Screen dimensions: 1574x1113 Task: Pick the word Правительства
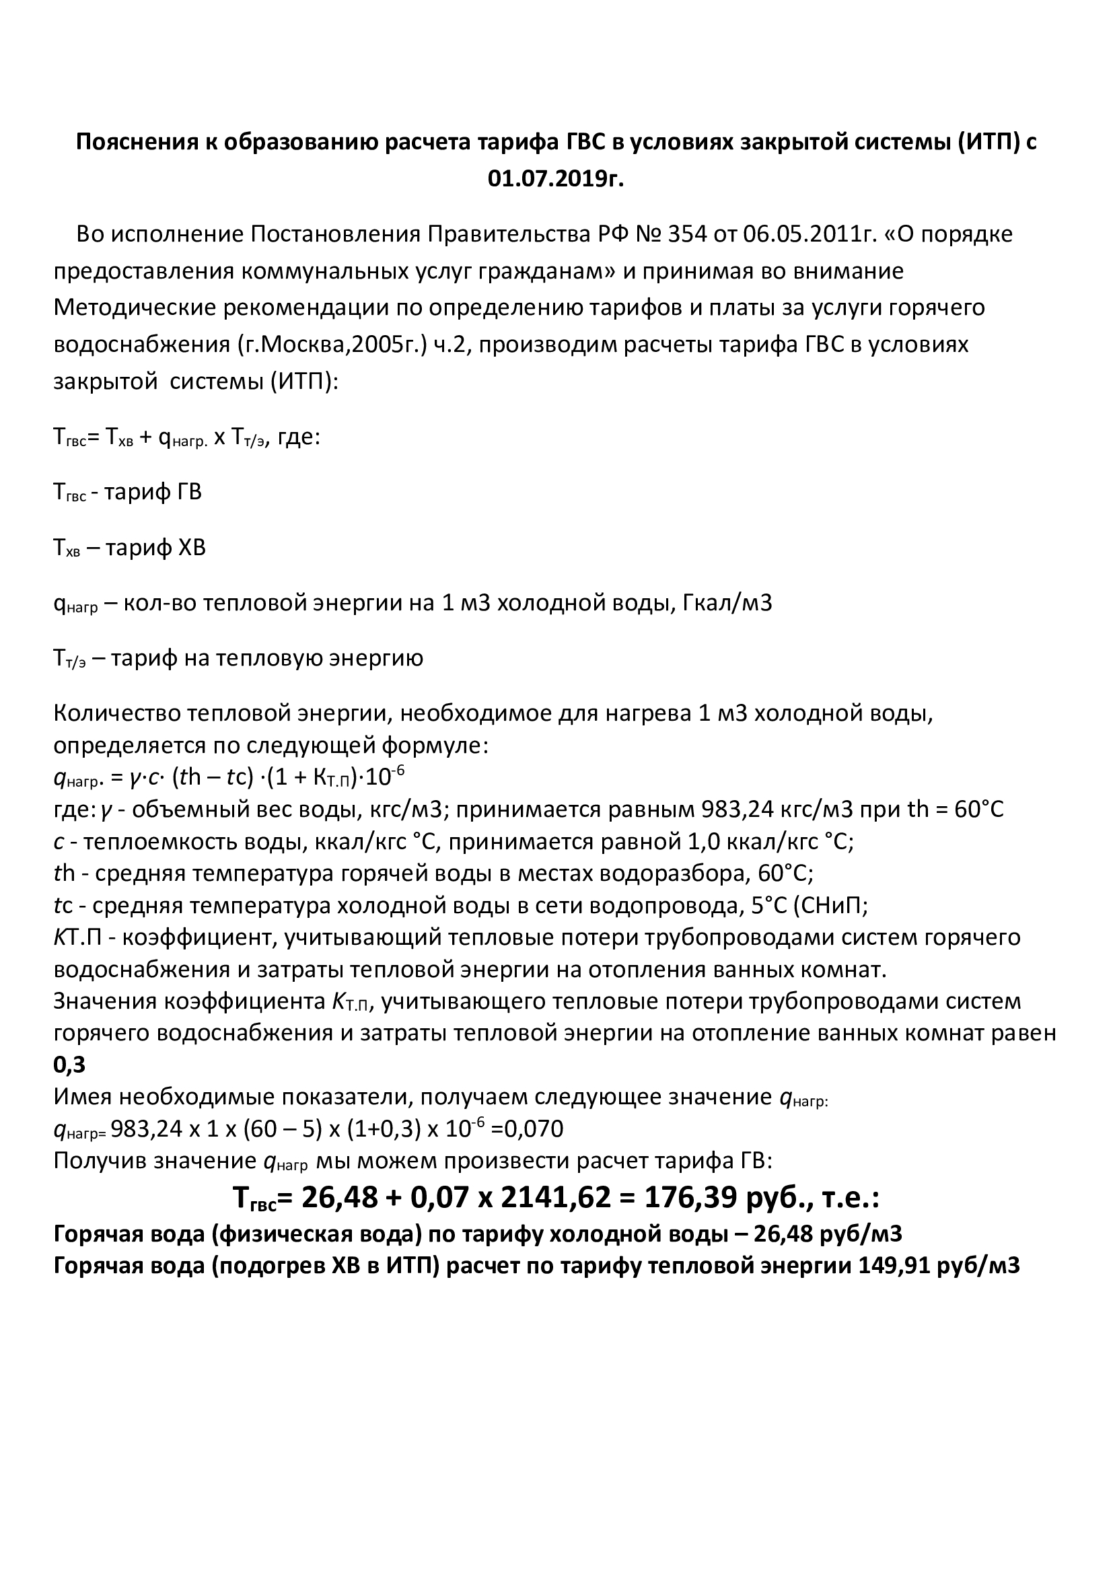tap(507, 234)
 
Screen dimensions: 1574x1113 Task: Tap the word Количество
tap(118, 713)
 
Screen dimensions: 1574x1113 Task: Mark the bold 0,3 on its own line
tap(69, 1065)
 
